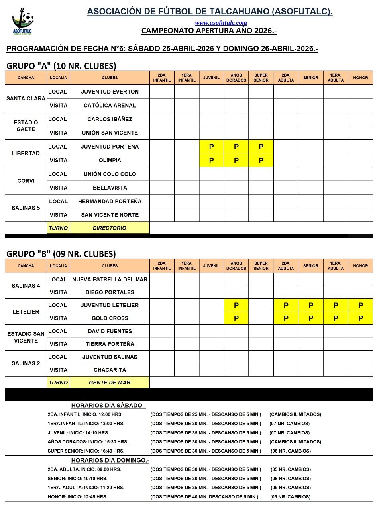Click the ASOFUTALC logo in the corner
point(22,22)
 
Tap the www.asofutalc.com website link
point(221,23)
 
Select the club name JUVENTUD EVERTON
point(110,92)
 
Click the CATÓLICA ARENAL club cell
point(110,106)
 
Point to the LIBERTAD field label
point(26,153)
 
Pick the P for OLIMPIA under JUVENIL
point(211,161)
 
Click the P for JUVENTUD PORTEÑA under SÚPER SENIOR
point(261,147)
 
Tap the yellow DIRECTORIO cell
point(110,228)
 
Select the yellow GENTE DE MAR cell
point(110,382)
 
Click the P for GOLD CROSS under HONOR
point(360,318)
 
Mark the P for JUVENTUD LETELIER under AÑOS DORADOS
point(236,306)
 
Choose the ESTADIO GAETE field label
point(26,126)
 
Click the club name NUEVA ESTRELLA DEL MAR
point(110,279)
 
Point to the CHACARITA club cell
point(110,370)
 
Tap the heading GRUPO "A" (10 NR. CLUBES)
point(61,66)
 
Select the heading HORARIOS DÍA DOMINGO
point(110,460)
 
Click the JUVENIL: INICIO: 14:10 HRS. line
point(78,433)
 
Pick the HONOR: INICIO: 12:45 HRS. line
point(77,497)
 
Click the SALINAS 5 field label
point(26,208)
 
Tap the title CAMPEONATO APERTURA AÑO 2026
point(209,31)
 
